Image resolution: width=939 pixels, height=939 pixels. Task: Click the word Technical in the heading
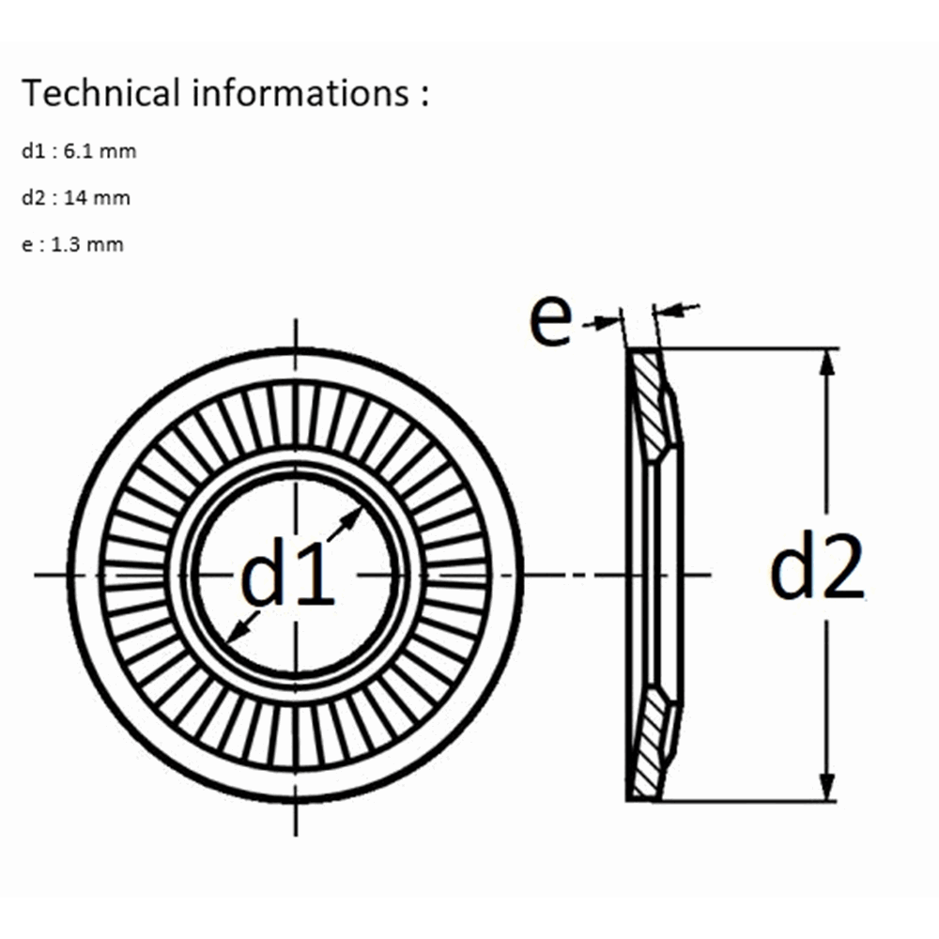[100, 93]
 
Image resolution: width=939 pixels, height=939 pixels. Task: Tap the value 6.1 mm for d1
[100, 151]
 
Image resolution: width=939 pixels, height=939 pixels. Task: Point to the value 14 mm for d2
[97, 197]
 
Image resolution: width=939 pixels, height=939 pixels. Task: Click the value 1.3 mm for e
[87, 244]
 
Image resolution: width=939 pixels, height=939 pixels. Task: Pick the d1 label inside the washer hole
[286, 572]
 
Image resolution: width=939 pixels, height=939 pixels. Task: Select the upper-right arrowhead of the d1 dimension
[353, 516]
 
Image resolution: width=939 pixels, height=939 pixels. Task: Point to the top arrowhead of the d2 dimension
[827, 362]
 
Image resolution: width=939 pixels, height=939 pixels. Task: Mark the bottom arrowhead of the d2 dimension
[827, 787]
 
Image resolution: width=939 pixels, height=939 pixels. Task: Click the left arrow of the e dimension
[603, 322]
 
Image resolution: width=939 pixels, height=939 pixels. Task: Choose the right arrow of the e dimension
[677, 309]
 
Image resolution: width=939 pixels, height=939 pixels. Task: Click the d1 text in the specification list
[34, 151]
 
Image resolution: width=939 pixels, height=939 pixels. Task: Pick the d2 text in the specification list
[34, 197]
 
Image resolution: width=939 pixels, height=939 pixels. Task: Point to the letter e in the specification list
[27, 245]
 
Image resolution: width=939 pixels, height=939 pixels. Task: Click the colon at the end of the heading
[424, 96]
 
